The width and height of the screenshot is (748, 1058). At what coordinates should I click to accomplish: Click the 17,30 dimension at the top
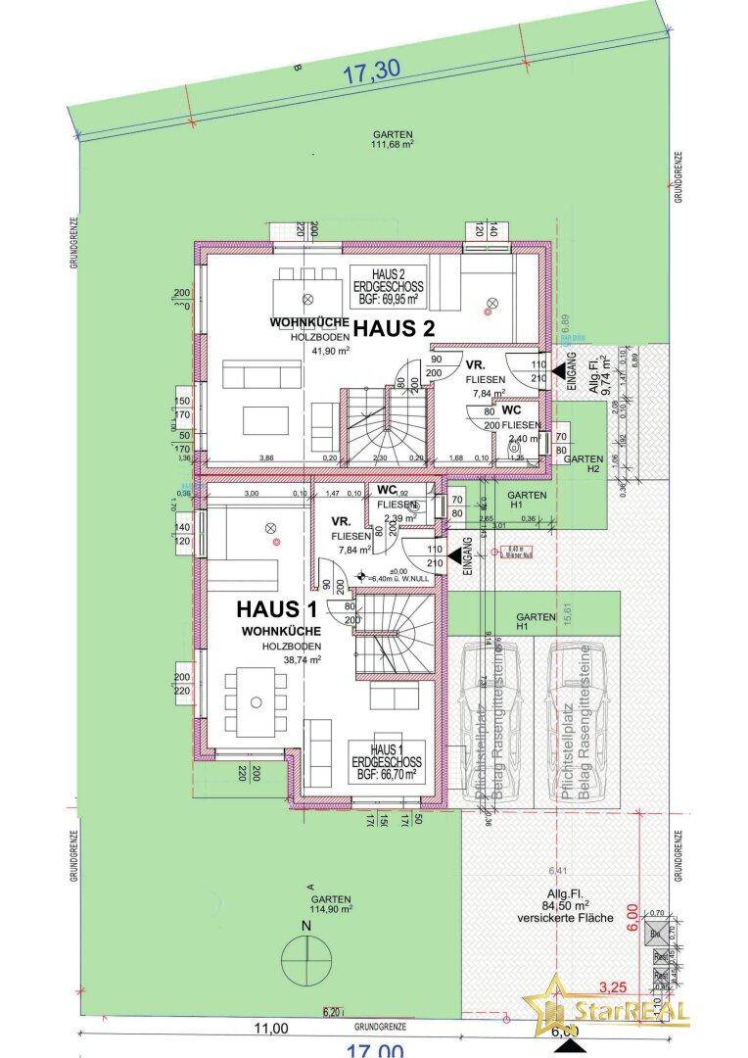pos(373,71)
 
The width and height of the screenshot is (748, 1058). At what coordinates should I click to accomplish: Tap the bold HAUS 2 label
pos(393,328)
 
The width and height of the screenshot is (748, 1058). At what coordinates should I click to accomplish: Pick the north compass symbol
pos(306,950)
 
